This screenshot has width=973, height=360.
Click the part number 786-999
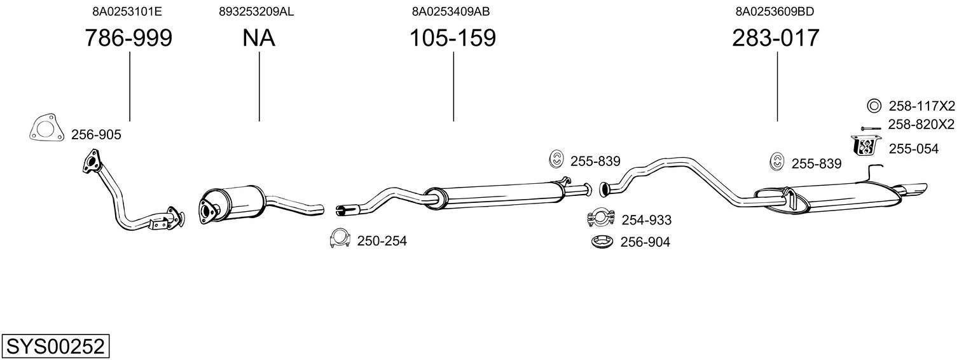[x=128, y=38]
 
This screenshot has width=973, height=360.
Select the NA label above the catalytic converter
[x=258, y=38]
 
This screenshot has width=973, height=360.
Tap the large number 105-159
[x=453, y=38]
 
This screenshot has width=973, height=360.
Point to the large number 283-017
[x=775, y=38]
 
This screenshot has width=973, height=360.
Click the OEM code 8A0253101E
[x=127, y=11]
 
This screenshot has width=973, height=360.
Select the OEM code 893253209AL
[x=256, y=11]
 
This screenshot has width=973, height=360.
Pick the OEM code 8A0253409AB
[x=451, y=11]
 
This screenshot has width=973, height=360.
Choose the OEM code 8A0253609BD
[x=775, y=11]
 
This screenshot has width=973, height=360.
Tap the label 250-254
[x=382, y=241]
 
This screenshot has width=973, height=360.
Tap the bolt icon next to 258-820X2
[x=871, y=128]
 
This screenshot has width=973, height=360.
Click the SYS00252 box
[x=55, y=346]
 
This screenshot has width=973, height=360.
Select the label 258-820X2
[x=921, y=125]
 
